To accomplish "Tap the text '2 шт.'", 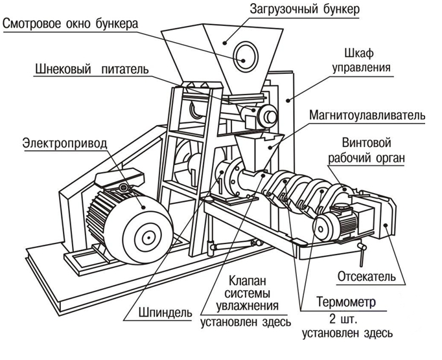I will (x=347, y=319).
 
